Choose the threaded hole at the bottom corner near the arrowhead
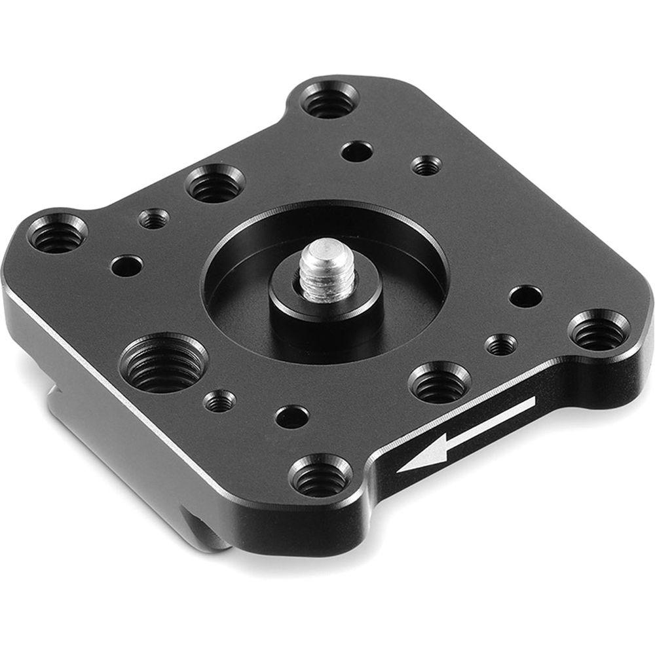click(x=320, y=477)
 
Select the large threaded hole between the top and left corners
click(x=215, y=185)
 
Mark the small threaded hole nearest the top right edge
click(x=426, y=164)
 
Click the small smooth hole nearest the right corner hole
click(x=525, y=296)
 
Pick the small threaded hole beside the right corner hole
click(x=502, y=344)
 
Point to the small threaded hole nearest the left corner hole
click(x=154, y=218)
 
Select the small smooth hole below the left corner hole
click(x=127, y=266)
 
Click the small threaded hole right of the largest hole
click(x=219, y=400)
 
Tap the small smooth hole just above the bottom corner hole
click(x=291, y=416)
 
